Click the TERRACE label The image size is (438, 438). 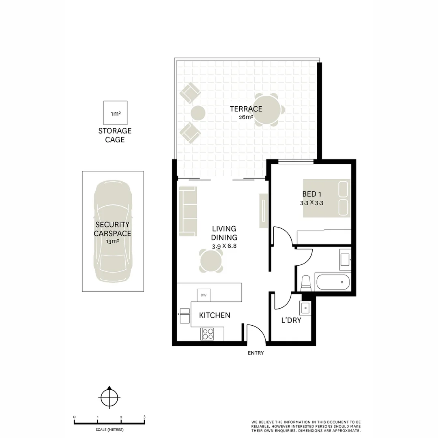(246, 109)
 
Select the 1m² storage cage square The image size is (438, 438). (115, 112)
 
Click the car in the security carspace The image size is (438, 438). (112, 231)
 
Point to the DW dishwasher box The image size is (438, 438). (204, 295)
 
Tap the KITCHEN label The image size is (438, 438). (215, 315)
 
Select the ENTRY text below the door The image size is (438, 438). (255, 353)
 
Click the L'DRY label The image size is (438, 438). (291, 320)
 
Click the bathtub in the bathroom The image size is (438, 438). (333, 282)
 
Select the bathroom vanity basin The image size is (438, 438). (345, 258)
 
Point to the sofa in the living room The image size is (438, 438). (188, 211)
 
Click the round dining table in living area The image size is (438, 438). (211, 260)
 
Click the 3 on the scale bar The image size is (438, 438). (144, 417)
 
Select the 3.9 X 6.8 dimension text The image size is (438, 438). (224, 246)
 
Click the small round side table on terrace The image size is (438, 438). (198, 112)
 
